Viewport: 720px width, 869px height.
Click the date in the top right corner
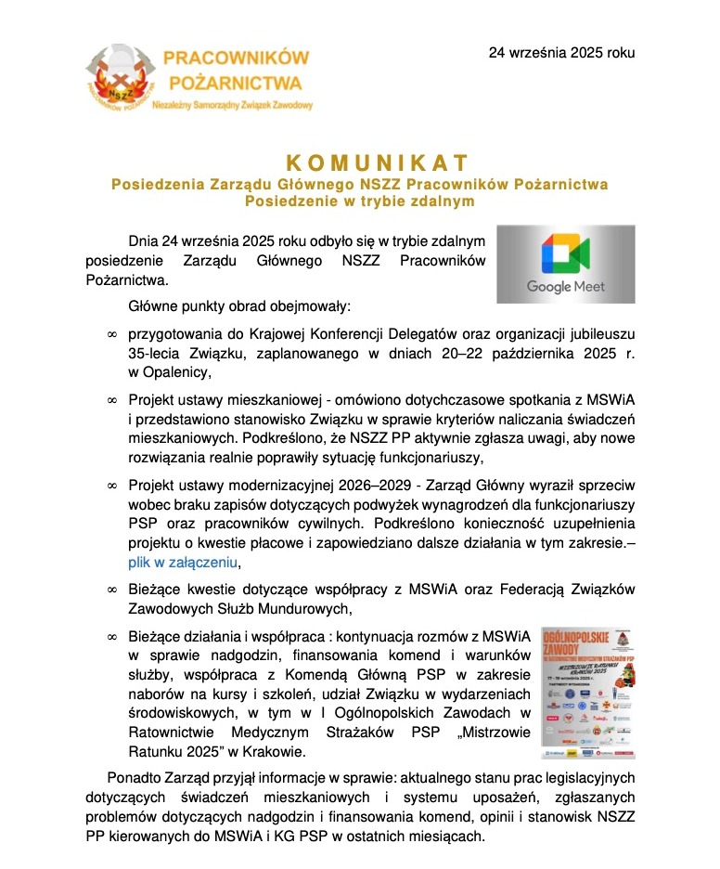tap(562, 53)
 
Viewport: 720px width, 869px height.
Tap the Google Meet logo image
tap(565, 264)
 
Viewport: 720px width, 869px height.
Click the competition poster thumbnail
tap(587, 685)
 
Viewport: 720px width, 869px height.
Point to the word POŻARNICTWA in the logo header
tap(236, 82)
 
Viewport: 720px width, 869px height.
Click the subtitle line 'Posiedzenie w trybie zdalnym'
tap(359, 201)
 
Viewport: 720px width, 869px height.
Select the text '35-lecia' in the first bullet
tap(155, 354)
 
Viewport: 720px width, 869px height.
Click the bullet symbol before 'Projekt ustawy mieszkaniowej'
tap(112, 400)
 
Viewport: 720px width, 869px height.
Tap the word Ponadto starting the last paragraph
tap(135, 777)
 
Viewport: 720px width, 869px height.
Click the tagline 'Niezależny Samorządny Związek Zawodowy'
tap(232, 107)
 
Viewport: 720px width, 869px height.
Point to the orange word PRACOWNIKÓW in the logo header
tap(236, 58)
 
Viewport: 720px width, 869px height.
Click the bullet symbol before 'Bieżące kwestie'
tap(112, 590)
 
